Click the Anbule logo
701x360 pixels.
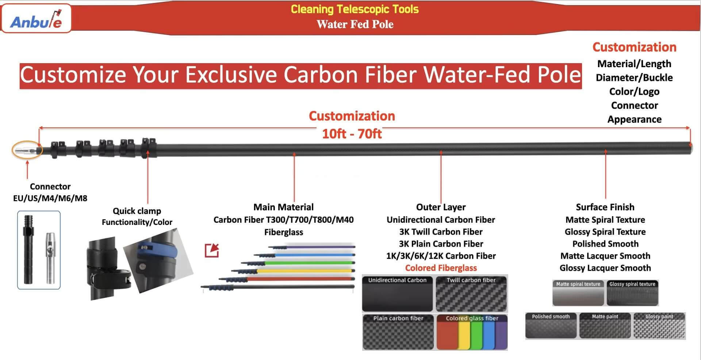pos(36,19)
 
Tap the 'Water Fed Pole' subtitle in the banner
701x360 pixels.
pos(355,24)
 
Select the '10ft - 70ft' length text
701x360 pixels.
pos(352,134)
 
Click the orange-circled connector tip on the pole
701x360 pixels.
pos(27,150)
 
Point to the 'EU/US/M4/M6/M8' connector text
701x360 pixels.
pos(50,198)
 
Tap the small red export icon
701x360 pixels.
pos(212,250)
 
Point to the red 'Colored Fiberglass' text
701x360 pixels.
pos(441,268)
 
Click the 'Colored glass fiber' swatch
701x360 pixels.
pos(471,332)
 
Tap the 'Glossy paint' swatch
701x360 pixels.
pos(659,326)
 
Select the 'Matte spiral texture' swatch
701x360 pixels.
pos(578,293)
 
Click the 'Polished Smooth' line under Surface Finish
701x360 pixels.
pos(605,244)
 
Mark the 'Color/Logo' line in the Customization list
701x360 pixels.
pos(634,92)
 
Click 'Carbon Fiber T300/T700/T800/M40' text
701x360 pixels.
pos(283,220)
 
